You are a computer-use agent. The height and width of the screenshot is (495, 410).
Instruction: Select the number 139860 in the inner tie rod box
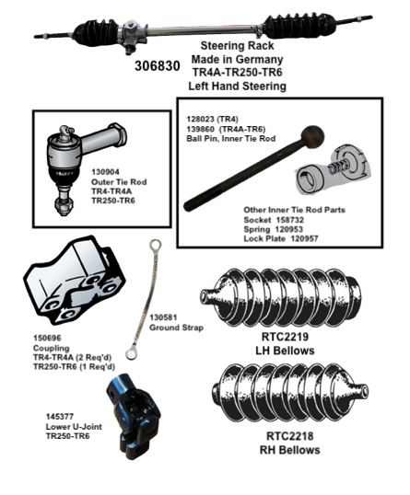coord(199,130)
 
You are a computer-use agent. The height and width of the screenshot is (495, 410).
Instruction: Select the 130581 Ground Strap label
coord(174,320)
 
